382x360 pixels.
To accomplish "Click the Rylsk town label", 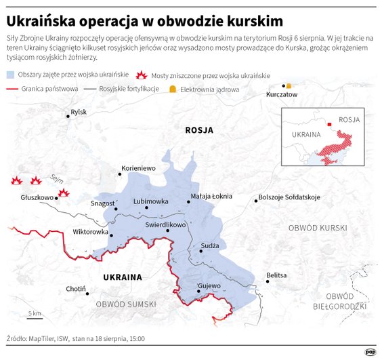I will pos(79,112).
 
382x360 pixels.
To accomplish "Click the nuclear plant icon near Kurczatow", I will pos(289,86).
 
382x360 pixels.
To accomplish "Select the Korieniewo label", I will pos(138,167).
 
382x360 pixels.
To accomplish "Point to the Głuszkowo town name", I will pos(37,198).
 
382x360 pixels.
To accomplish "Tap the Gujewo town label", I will pos(209,285).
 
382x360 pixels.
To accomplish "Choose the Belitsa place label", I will pos(276,275).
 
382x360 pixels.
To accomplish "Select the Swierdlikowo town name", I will pos(165,224).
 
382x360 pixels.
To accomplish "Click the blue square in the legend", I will pos(9,75).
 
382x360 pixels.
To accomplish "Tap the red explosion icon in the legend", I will pos(142,75).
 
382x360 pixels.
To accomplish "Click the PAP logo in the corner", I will pos(370,351).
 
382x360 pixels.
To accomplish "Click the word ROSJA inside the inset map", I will pos(349,120).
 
